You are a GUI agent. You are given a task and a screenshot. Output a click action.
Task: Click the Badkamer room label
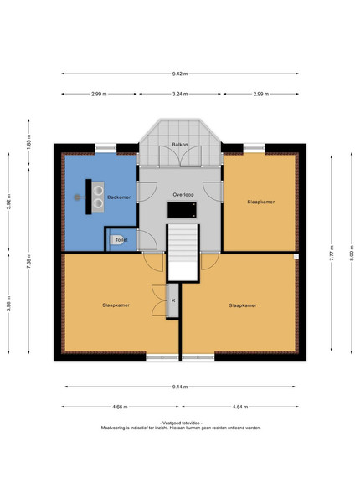pos(119,197)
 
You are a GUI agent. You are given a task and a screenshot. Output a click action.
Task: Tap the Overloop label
pos(183,194)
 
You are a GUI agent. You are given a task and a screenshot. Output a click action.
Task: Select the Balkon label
pos(180,145)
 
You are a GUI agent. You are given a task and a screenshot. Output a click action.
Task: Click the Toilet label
pos(121,239)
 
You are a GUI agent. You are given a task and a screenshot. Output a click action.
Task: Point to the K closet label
pos(173,300)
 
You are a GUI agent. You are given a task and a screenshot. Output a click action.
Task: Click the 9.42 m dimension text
pos(180,74)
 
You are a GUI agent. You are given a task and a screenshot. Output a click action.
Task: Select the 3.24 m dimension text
pos(180,94)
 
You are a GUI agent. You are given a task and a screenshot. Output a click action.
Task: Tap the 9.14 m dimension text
pos(180,387)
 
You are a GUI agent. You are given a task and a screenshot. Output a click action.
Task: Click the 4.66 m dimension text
pos(120,407)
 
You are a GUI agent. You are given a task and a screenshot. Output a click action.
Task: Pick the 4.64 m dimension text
pos(240,407)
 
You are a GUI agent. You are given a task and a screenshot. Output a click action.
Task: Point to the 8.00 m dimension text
pos(352,253)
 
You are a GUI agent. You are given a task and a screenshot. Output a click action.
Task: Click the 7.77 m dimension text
pos(332,253)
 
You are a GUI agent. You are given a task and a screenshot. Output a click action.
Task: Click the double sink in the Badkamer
pos(98,197)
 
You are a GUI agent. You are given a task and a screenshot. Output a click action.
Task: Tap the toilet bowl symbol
pos(116,240)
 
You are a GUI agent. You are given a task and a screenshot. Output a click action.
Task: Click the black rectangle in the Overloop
pos(183,210)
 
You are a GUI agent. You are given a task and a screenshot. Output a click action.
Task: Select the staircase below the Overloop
pos(183,253)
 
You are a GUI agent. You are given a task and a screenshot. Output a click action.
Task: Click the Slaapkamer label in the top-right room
pos(260,202)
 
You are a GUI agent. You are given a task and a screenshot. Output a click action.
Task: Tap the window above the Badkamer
pos(105,148)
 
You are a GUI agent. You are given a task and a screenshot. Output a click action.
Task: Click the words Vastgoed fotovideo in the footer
pos(181,423)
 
